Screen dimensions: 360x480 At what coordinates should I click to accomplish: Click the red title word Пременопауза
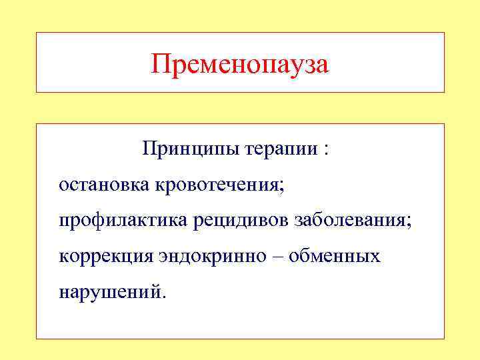[240, 65]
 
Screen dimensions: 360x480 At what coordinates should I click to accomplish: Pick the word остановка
[105, 183]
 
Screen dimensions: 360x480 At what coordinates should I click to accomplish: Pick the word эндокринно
[214, 257]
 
